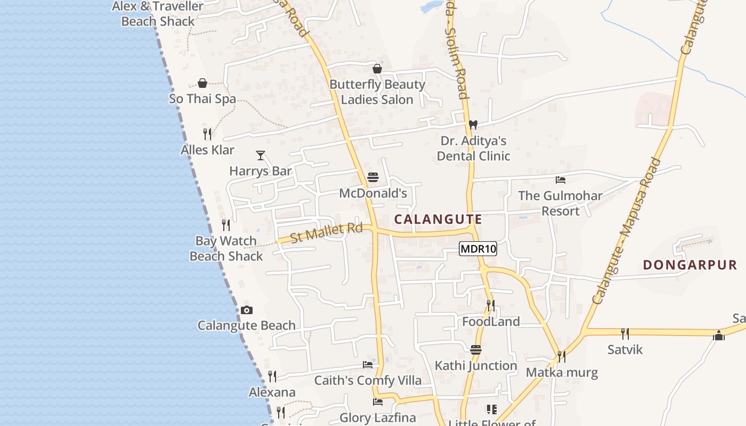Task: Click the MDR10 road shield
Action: pos(477,249)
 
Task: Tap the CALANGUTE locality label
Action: pos(438,219)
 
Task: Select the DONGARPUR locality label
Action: pos(690,265)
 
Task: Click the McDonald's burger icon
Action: pos(373,177)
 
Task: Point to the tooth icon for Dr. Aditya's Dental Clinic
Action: pos(472,125)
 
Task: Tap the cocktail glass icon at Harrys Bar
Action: pos(261,155)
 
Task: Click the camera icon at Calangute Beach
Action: pos(246,310)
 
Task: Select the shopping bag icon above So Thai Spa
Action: pos(202,83)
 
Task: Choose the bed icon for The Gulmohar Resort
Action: pos(560,180)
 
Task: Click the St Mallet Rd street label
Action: pos(327,233)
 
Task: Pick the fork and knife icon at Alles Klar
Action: pos(207,134)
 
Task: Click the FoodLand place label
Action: pos(491,322)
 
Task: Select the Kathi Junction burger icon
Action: pos(476,350)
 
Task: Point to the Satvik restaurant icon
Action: pos(625,334)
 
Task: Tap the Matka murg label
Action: pos(562,372)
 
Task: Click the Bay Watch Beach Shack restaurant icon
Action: pos(226,225)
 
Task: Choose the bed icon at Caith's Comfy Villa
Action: pos(368,365)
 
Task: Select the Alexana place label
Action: pos(272,392)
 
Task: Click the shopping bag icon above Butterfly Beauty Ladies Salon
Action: pos(377,69)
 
